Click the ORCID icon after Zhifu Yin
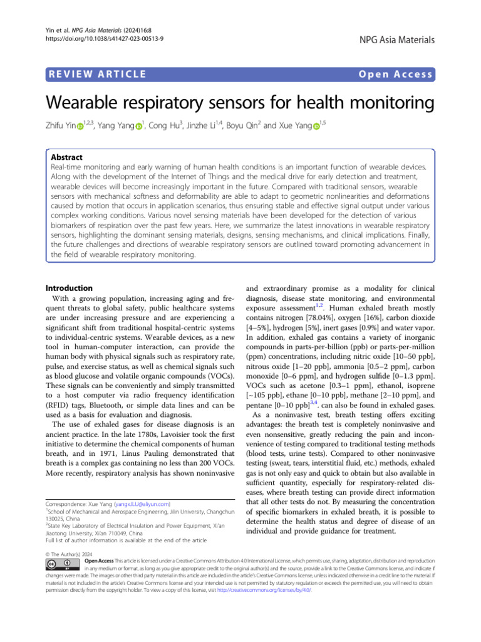(80, 127)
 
